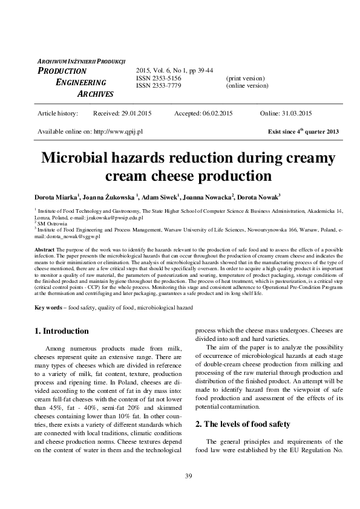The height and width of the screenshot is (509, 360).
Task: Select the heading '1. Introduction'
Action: click(62, 331)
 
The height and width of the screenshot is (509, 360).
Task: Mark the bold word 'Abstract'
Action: click(45, 250)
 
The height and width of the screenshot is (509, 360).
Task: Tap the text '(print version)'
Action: click(245, 79)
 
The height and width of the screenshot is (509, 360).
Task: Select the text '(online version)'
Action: click(247, 86)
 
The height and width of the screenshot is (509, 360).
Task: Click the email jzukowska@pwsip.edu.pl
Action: click(111, 216)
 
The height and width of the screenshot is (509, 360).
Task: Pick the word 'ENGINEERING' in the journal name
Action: click(81, 82)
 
